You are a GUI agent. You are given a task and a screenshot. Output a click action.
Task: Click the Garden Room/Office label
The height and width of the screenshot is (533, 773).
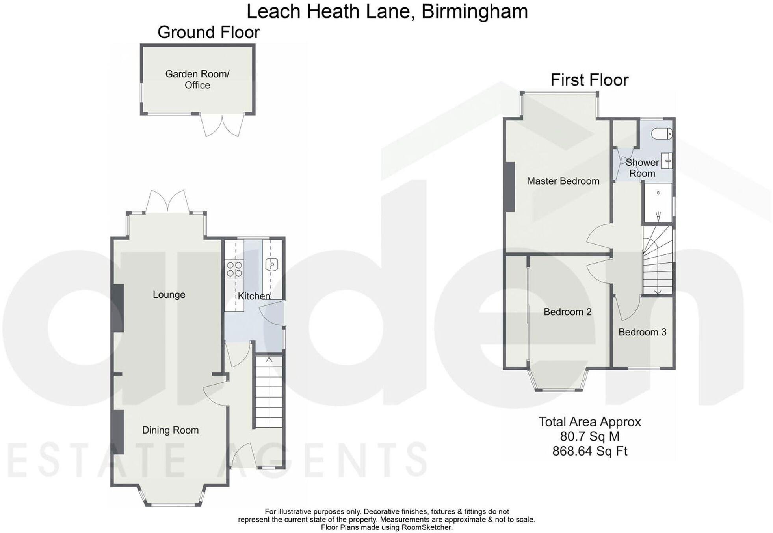click(x=197, y=79)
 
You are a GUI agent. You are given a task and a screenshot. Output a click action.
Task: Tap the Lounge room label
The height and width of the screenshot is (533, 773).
click(x=169, y=295)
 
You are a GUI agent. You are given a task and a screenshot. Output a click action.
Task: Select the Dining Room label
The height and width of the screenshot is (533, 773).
click(x=170, y=430)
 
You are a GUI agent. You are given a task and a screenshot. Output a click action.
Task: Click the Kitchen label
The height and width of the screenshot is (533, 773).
click(x=254, y=296)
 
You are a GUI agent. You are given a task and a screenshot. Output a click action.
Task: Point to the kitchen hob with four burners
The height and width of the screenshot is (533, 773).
click(x=234, y=269)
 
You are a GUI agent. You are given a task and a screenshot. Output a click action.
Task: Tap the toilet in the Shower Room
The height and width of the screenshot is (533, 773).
click(x=662, y=134)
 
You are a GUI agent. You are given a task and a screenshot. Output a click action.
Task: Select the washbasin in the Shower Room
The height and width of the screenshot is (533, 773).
click(x=667, y=161)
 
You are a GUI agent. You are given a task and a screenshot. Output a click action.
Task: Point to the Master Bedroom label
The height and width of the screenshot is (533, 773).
click(x=563, y=181)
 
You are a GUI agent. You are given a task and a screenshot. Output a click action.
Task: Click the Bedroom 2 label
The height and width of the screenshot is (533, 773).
click(x=567, y=312)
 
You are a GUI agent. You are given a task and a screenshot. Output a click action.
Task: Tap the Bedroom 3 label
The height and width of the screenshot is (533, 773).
click(x=642, y=332)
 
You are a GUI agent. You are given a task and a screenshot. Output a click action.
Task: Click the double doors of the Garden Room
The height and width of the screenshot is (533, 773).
click(x=222, y=125)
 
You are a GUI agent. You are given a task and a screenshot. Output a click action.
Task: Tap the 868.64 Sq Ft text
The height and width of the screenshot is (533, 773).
click(x=589, y=451)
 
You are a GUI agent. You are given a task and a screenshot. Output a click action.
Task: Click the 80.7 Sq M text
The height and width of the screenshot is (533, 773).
click(x=589, y=436)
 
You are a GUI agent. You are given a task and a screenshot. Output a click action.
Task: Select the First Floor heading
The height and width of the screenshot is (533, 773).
click(x=589, y=80)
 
